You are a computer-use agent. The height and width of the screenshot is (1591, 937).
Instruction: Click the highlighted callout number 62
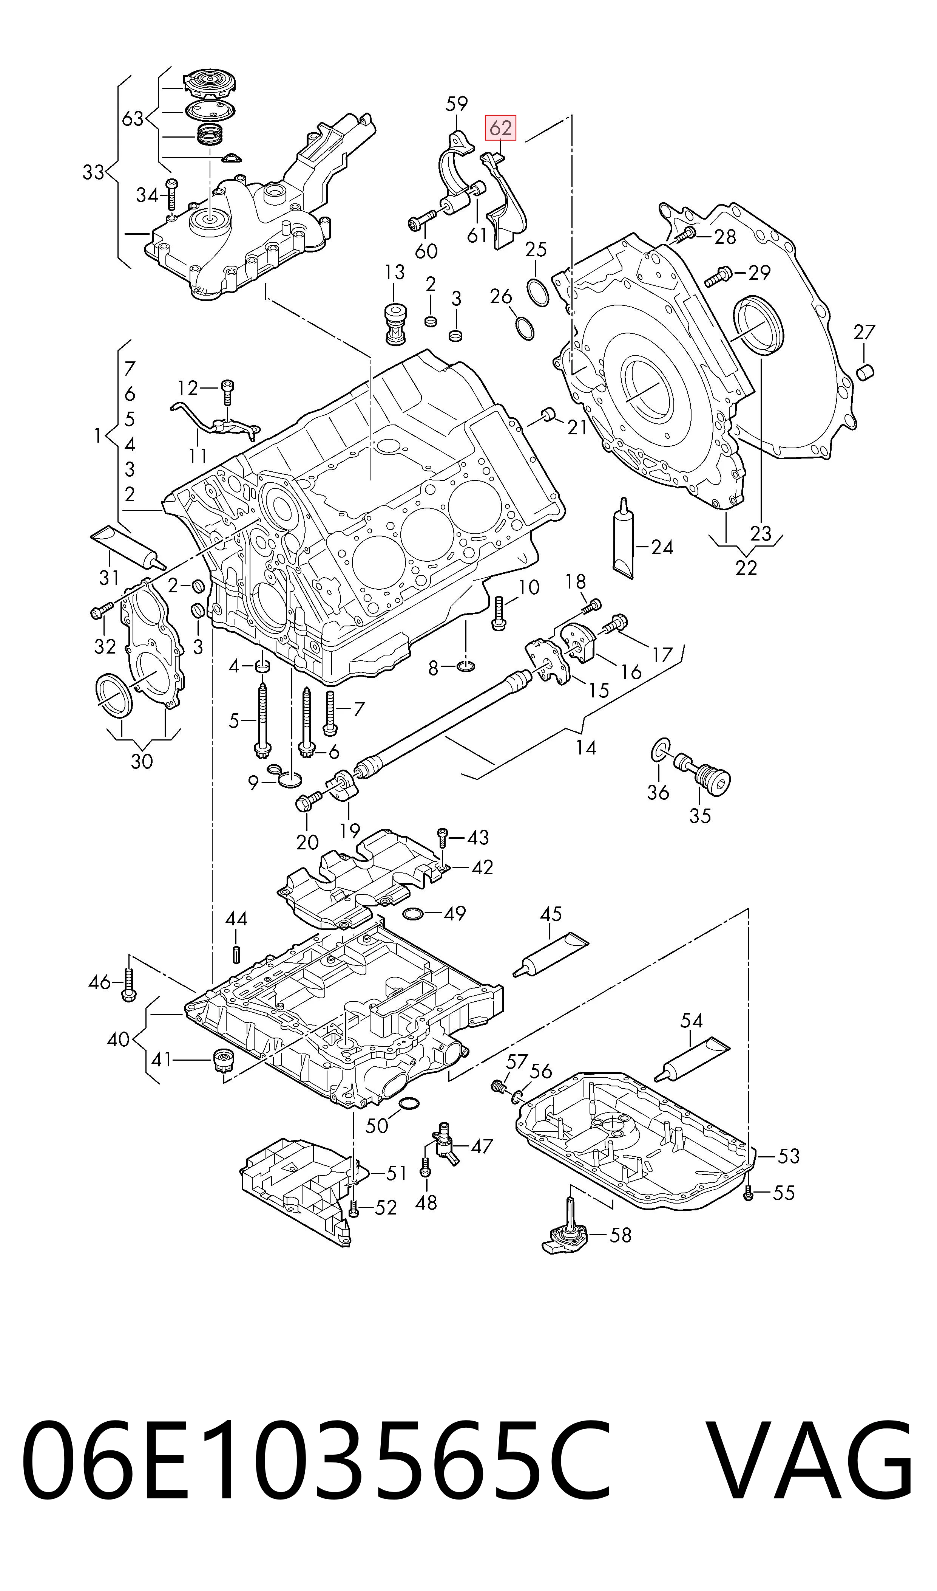pyautogui.click(x=500, y=128)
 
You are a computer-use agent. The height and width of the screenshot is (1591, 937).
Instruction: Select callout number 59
pyautogui.click(x=457, y=103)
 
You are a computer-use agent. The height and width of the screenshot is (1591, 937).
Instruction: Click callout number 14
pyautogui.click(x=586, y=748)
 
